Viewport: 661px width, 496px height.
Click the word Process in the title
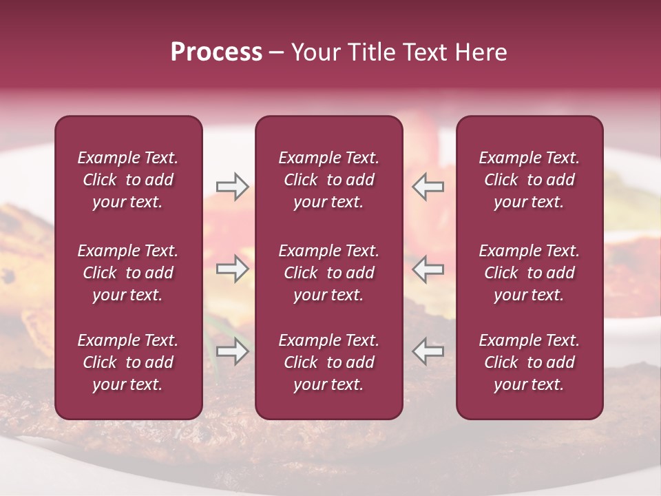click(x=216, y=52)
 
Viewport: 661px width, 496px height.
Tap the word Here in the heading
click(x=481, y=52)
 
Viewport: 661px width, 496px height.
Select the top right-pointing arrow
click(x=232, y=187)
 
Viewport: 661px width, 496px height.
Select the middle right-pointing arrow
click(x=232, y=269)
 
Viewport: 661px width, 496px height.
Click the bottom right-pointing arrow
click(x=232, y=351)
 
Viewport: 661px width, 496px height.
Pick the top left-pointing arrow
click(x=428, y=187)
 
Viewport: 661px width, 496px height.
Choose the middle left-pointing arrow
click(x=428, y=269)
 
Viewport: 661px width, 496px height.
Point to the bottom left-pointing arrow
click(x=428, y=351)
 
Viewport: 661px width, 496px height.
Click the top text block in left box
click(x=128, y=180)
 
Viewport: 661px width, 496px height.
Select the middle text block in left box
click(x=128, y=273)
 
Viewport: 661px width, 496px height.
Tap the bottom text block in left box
click(x=128, y=362)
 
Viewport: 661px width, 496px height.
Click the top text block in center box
click(x=328, y=180)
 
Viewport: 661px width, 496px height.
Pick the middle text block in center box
click(x=328, y=273)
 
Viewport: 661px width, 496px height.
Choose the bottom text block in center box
click(x=328, y=362)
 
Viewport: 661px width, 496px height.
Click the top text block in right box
click(x=529, y=180)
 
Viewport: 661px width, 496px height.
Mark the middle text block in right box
click(x=529, y=273)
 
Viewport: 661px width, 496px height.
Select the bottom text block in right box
click(x=529, y=362)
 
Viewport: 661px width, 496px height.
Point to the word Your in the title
click(x=315, y=52)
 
